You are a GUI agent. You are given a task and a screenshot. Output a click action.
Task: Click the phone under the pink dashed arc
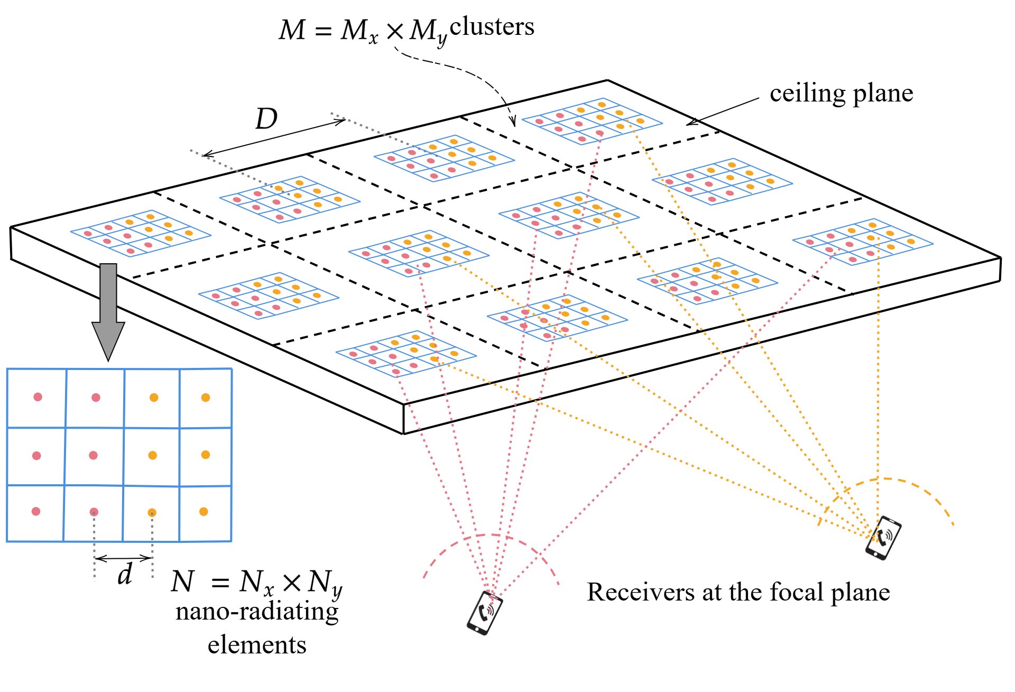(484, 612)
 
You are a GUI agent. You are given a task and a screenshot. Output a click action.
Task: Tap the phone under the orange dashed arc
(883, 538)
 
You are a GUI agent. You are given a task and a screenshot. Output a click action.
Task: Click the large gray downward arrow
(108, 312)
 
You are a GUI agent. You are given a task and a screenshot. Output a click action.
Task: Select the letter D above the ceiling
(266, 119)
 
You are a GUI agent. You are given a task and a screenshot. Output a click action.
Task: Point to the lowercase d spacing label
(125, 574)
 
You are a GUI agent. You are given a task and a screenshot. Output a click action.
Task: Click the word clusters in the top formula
(492, 26)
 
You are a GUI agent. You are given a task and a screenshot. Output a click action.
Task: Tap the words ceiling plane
(842, 94)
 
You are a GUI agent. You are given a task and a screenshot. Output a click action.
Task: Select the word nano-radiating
(257, 612)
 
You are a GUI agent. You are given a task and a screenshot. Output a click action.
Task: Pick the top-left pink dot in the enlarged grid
(38, 397)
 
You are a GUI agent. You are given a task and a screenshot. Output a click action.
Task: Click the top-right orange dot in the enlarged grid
(206, 398)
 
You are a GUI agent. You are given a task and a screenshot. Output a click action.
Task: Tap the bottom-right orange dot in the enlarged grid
(204, 511)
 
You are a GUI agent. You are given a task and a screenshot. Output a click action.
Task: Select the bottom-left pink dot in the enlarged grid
(36, 511)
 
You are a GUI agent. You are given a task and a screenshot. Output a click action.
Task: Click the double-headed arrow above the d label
(123, 558)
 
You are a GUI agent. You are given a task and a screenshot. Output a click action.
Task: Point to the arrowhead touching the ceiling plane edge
(691, 123)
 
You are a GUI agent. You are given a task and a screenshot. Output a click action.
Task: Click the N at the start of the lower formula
(183, 582)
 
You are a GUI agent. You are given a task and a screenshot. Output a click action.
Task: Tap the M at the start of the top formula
(292, 30)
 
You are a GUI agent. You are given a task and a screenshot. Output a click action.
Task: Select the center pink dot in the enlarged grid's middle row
(93, 455)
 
